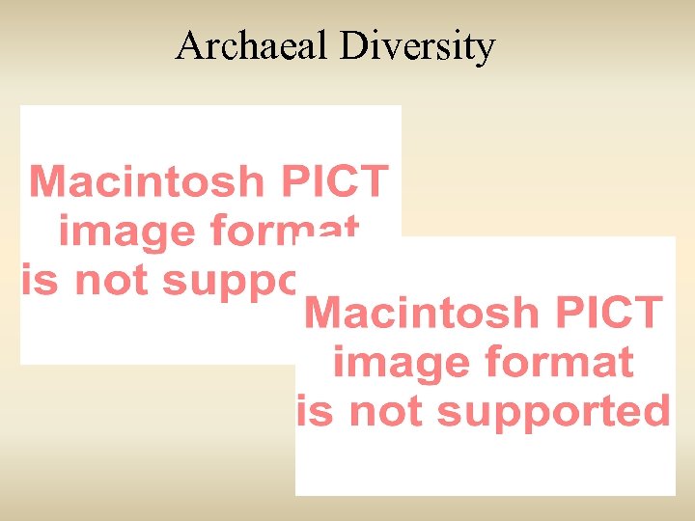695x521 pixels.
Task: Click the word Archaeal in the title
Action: coord(253,45)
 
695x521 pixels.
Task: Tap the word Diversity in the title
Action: coord(417,46)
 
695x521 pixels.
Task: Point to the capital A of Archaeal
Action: coord(188,45)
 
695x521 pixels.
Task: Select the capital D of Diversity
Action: coord(351,45)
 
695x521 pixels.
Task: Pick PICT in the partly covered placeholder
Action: coord(346,181)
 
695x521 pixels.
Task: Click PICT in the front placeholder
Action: coord(620,314)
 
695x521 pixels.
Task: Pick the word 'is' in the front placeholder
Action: coord(316,411)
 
